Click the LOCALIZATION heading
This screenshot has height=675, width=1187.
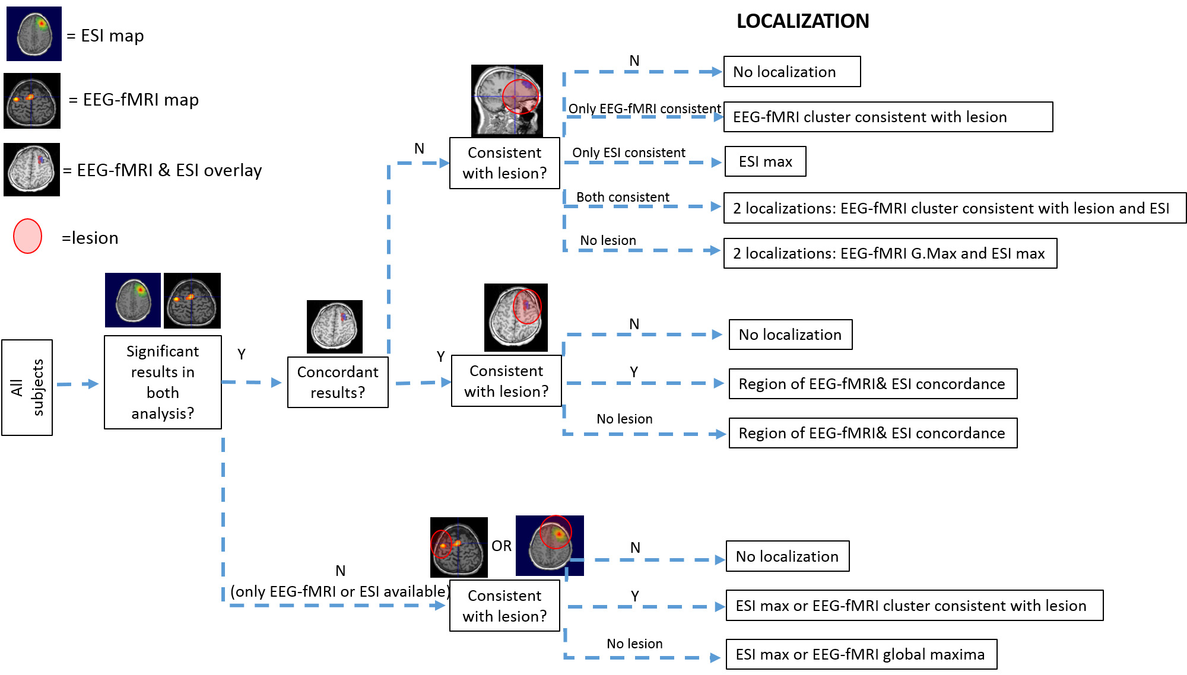(802, 21)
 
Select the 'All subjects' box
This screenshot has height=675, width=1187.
(27, 387)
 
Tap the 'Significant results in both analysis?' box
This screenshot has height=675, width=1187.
(163, 382)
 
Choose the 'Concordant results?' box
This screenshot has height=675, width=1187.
(338, 382)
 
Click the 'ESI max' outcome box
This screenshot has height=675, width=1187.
(765, 161)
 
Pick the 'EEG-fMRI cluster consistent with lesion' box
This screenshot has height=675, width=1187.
(888, 117)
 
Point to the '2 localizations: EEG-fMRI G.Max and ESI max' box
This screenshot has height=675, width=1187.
(890, 253)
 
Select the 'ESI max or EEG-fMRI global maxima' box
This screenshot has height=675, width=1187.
(861, 654)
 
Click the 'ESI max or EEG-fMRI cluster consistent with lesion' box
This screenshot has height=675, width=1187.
(914, 606)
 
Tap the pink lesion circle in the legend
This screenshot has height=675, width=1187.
(28, 236)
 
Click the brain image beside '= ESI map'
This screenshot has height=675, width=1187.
(34, 34)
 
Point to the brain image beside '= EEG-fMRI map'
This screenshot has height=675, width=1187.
(32, 101)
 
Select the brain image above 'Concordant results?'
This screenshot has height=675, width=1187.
(335, 327)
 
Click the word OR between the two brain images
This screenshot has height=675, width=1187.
(502, 546)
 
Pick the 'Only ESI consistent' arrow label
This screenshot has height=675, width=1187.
(629, 152)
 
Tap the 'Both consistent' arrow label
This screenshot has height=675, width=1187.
(623, 197)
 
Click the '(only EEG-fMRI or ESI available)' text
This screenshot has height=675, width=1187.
(340, 591)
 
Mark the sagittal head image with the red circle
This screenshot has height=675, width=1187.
(507, 101)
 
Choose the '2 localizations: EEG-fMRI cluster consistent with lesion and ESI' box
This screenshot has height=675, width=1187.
(954, 208)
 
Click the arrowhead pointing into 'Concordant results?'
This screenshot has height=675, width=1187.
(276, 383)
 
